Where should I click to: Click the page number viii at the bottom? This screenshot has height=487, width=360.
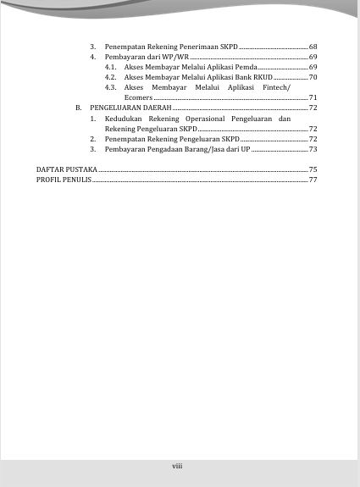(x=178, y=465)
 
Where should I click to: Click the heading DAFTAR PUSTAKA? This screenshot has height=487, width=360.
(x=66, y=169)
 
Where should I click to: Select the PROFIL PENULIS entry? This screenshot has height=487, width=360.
(x=63, y=180)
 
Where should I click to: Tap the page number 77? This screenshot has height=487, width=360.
(x=313, y=180)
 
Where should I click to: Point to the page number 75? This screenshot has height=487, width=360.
(x=313, y=169)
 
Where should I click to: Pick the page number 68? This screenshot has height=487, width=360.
(x=313, y=44)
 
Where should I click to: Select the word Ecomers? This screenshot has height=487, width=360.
(x=138, y=98)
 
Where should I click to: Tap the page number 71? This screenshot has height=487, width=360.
(x=313, y=98)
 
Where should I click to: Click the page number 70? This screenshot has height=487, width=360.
(x=313, y=77)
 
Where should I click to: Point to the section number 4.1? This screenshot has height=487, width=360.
(x=111, y=66)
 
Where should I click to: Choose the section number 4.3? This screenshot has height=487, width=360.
(x=111, y=87)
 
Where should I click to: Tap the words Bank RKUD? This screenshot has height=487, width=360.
(x=255, y=77)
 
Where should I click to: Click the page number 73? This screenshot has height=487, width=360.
(x=313, y=149)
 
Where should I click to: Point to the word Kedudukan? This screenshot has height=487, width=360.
(x=125, y=119)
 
